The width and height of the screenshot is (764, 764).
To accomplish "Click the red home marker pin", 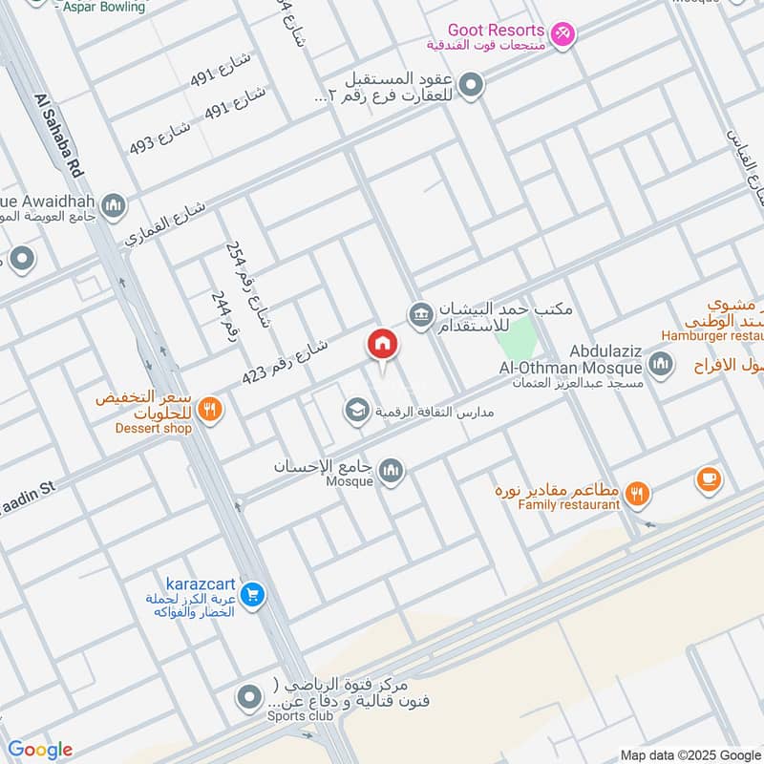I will click(x=383, y=345).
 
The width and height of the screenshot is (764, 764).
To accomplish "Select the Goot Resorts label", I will click(x=500, y=31).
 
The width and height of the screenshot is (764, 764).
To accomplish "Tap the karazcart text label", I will click(x=196, y=583).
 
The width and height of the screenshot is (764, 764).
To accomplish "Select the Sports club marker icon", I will click(x=249, y=699).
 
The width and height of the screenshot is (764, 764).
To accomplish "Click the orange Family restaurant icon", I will click(x=638, y=494).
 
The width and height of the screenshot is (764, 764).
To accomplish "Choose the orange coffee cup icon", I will click(x=709, y=479).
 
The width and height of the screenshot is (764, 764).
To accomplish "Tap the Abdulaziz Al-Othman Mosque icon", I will click(x=660, y=363).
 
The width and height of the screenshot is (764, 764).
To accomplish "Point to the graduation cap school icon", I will click(x=356, y=411).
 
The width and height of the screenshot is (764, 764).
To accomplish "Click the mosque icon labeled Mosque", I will click(x=391, y=470).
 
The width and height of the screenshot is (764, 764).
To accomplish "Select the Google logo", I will click(x=39, y=750).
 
